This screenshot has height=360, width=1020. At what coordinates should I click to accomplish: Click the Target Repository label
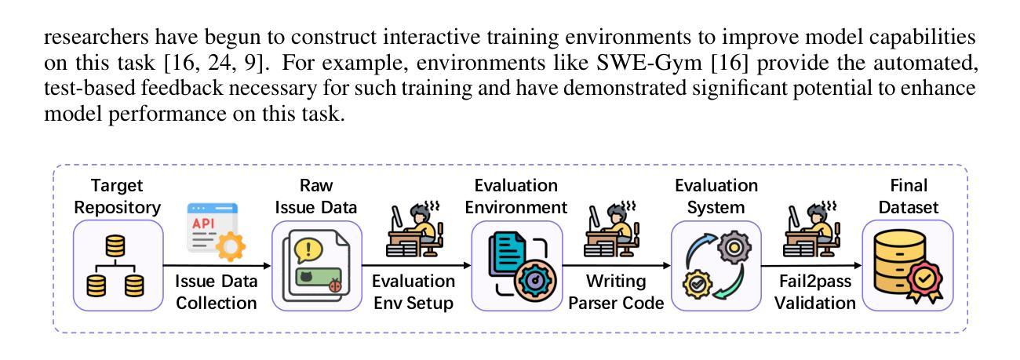[118, 196]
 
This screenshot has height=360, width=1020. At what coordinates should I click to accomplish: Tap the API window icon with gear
[216, 231]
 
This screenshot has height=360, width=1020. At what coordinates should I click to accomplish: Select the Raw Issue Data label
[316, 196]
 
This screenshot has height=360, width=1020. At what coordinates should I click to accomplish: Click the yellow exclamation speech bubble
[308, 250]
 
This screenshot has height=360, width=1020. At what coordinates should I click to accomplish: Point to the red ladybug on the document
[336, 285]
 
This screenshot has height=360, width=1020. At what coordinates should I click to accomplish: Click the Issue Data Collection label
[217, 292]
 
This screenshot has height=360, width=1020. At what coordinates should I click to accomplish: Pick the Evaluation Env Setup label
[413, 292]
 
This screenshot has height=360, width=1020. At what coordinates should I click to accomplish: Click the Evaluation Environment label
[516, 196]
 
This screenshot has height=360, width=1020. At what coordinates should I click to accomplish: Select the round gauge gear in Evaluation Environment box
[535, 280]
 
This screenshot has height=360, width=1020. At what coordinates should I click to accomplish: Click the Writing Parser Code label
[616, 292]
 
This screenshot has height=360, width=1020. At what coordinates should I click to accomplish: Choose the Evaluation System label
[716, 196]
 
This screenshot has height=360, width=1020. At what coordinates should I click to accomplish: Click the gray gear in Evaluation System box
[734, 248]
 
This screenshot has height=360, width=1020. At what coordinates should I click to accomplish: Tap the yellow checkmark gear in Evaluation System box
[698, 285]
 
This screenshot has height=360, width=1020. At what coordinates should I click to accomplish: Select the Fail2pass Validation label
[815, 292]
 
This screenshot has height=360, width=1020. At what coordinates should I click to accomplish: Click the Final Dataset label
[909, 196]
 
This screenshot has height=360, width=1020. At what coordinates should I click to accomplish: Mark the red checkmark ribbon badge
[924, 282]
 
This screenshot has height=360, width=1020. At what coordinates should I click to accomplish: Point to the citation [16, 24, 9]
[214, 62]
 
